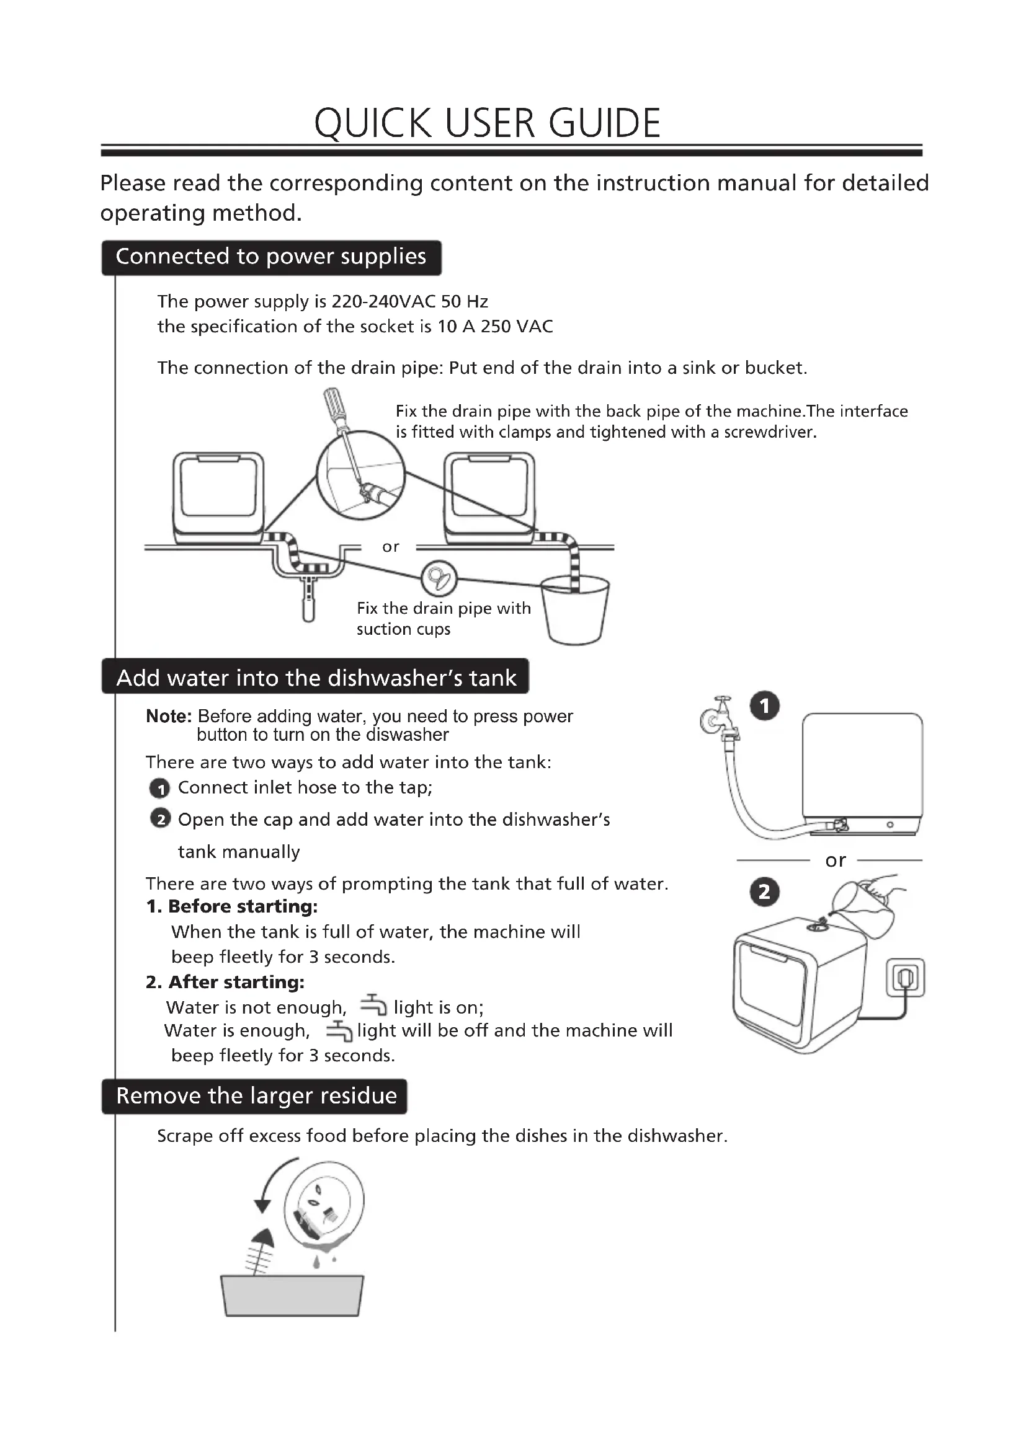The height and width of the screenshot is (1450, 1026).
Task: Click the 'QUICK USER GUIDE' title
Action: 487,123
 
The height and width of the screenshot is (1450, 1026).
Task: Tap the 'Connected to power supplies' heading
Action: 271,257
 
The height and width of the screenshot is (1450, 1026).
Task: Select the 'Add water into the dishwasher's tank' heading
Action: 316,678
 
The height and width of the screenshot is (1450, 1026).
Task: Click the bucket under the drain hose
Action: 575,612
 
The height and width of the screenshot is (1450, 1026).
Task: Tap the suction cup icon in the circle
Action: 439,577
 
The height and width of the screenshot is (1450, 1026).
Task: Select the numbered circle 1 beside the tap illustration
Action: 764,705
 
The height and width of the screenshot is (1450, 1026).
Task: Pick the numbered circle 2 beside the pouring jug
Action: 764,891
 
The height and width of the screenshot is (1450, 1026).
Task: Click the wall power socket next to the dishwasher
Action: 906,978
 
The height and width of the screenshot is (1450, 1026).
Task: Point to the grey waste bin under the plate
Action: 292,1295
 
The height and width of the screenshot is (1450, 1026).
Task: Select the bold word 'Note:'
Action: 169,716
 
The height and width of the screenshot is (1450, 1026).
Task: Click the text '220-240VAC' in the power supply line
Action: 383,301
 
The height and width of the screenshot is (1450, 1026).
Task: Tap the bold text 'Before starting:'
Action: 243,907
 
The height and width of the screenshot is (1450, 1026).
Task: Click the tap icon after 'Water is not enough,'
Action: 373,1005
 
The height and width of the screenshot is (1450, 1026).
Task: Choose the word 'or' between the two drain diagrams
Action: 390,547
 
